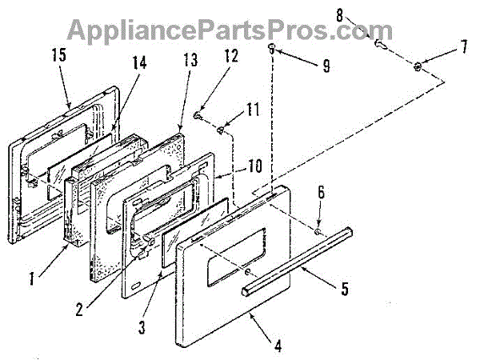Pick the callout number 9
[326, 66]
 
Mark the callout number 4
[278, 346]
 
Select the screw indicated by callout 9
[272, 50]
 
